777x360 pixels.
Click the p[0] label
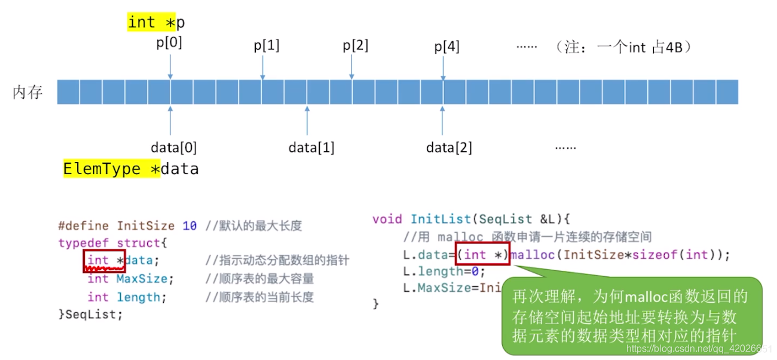click(x=169, y=43)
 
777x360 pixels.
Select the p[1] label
click(x=267, y=45)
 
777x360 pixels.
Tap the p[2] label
click(x=356, y=45)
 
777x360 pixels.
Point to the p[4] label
click(x=446, y=46)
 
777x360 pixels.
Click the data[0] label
click(x=173, y=147)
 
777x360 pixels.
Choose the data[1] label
click(x=311, y=147)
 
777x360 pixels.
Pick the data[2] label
click(x=449, y=147)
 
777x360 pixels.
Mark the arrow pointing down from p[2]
click(x=352, y=66)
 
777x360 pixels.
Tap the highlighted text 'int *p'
click(x=157, y=23)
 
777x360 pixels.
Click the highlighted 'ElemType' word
click(x=102, y=169)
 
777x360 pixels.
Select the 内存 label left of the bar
click(x=28, y=93)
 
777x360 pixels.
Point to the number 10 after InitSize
click(x=189, y=226)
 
